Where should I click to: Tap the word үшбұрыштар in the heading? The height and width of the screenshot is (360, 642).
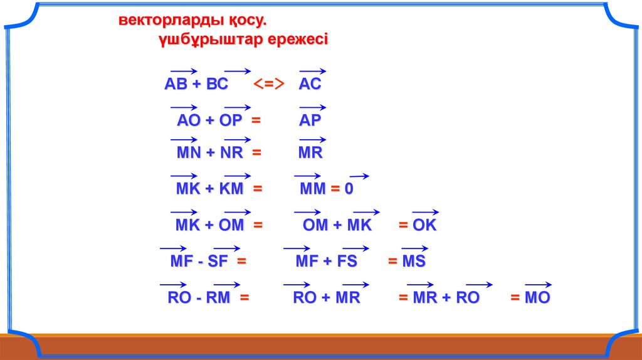(x=211, y=40)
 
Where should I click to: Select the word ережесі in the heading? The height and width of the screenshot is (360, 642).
(x=298, y=40)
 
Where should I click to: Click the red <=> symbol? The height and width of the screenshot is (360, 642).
(x=268, y=84)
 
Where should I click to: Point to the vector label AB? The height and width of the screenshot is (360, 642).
(x=176, y=84)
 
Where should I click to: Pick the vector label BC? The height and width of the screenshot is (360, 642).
(x=217, y=84)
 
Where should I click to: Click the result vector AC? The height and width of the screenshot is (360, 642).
(x=310, y=84)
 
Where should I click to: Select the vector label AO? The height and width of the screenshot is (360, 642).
(x=188, y=120)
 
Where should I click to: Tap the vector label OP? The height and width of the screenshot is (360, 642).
(x=231, y=120)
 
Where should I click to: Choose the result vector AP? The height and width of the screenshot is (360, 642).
(x=310, y=120)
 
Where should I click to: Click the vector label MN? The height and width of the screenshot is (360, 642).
(x=189, y=153)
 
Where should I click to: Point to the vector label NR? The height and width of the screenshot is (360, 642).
(x=232, y=153)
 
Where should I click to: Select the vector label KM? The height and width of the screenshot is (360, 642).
(x=231, y=189)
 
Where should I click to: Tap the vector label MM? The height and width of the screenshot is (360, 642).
(x=313, y=189)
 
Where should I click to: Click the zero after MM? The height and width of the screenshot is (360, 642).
(x=349, y=189)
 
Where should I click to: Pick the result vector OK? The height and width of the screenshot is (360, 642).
(x=424, y=225)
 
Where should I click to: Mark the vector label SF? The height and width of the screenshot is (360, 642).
(x=218, y=262)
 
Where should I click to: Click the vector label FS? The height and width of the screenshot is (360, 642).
(x=347, y=262)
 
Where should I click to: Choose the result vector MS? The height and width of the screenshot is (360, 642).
(x=414, y=262)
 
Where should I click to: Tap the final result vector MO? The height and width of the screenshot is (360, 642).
(x=537, y=298)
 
